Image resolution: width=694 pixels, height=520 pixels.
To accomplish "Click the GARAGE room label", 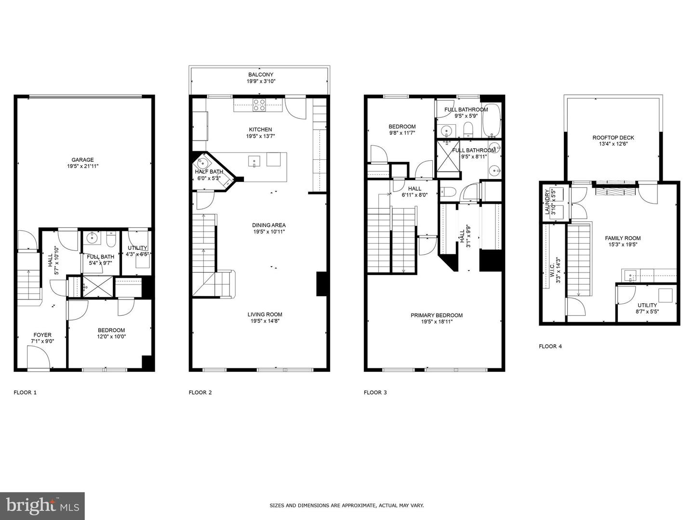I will click(x=82, y=160).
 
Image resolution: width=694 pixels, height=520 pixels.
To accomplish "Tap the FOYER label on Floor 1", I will click(x=42, y=335).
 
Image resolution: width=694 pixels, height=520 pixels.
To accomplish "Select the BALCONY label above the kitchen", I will click(x=261, y=75).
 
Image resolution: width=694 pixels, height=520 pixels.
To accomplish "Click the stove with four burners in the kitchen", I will click(x=259, y=104).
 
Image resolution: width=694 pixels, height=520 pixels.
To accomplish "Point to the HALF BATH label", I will click(x=209, y=172).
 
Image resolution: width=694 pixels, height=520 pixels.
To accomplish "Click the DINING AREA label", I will click(x=268, y=225).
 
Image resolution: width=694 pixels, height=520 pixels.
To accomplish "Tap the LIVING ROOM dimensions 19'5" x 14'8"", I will click(x=266, y=321).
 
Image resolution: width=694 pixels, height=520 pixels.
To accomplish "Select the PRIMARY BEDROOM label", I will click(x=436, y=315).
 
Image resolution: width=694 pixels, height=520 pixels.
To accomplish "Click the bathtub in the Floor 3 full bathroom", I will click(x=492, y=120).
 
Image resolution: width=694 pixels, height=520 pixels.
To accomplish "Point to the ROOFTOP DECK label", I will click(x=613, y=138).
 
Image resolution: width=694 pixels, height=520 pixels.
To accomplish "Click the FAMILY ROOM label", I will click(x=623, y=238).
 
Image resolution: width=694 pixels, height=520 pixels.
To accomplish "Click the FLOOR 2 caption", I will click(x=200, y=392).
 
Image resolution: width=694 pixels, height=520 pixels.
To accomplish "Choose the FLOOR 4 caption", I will click(x=550, y=346).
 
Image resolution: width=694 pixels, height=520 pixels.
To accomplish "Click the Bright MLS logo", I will click(x=42, y=506).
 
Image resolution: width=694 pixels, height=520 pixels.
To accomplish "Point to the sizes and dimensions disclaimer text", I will click(x=347, y=506).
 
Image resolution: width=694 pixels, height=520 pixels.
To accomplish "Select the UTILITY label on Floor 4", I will click(x=647, y=305).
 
